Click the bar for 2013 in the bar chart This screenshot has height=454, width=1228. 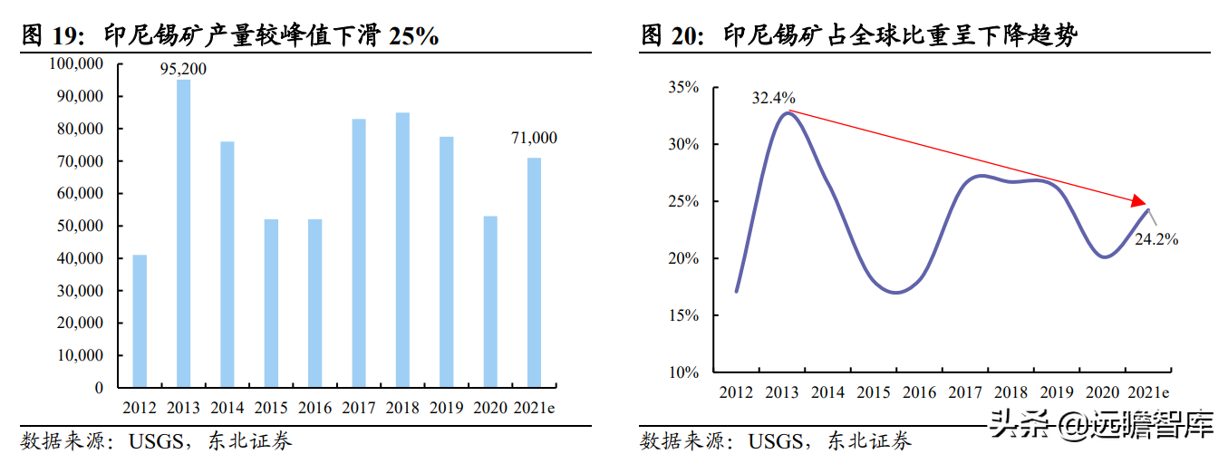coord(183,234)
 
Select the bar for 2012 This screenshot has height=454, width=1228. coord(140,321)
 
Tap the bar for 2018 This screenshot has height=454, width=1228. coord(402,250)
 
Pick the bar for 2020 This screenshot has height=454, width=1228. coord(490,302)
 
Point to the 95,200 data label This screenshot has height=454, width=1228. coord(183,69)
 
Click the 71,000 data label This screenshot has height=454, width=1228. coord(533,138)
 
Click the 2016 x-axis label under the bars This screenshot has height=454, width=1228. coord(314,408)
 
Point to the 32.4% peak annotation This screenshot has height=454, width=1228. coord(773,97)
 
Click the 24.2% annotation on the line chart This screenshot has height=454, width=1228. coord(1156,240)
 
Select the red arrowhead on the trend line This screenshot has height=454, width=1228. coord(1138,200)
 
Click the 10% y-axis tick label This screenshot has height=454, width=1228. coord(684,372)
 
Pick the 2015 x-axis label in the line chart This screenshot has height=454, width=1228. coord(875,392)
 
